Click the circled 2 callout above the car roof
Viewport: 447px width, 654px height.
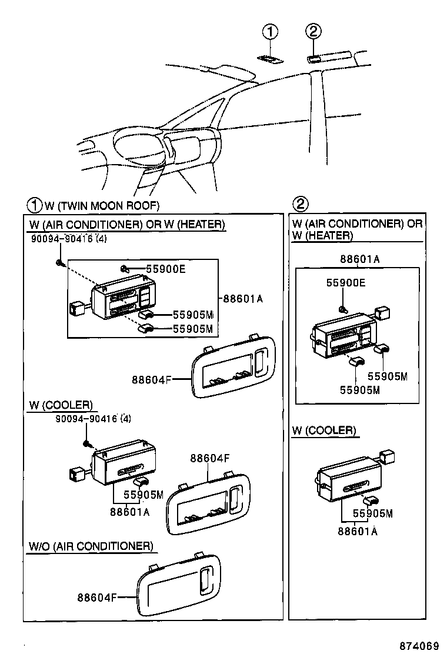[x=313, y=32]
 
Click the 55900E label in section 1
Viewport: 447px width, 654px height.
[x=165, y=269]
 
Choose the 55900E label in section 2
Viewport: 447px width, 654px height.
[x=345, y=283]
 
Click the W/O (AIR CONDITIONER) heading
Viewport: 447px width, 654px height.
[x=91, y=546]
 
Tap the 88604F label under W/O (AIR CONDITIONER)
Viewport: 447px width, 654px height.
[x=98, y=598]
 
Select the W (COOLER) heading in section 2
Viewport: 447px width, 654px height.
[x=324, y=431]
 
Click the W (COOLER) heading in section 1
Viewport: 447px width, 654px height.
[x=60, y=405]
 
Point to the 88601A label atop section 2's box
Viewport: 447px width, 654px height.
[x=359, y=259]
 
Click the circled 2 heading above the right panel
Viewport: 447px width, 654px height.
[x=300, y=205]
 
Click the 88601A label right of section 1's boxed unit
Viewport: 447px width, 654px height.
[x=243, y=299]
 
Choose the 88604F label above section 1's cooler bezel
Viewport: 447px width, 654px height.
[x=209, y=458]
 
